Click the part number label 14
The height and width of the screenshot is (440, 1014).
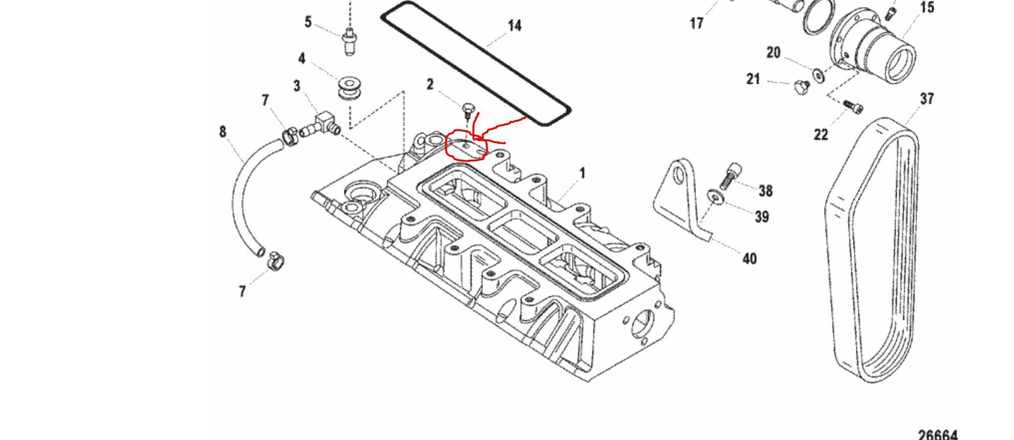pyautogui.click(x=514, y=26)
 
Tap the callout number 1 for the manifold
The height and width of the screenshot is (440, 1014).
pyautogui.click(x=582, y=173)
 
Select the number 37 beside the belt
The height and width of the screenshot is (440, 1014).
pyautogui.click(x=927, y=99)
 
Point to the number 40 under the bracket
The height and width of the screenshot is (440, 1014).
pyautogui.click(x=749, y=259)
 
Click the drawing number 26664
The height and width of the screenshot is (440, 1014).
pyautogui.click(x=937, y=434)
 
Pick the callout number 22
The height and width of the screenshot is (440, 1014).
pyautogui.click(x=821, y=135)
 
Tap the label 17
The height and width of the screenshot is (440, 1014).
pyautogui.click(x=697, y=23)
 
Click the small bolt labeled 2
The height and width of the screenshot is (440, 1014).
pyautogui.click(x=468, y=111)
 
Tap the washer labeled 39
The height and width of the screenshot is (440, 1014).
pyautogui.click(x=715, y=196)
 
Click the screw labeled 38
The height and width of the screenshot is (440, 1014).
pyautogui.click(x=732, y=173)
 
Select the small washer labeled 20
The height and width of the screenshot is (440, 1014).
pyautogui.click(x=818, y=75)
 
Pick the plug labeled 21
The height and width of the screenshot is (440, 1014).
pyautogui.click(x=801, y=87)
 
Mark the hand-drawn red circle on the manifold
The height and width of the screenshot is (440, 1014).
pyautogui.click(x=465, y=146)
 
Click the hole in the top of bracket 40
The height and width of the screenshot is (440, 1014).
pyautogui.click(x=679, y=176)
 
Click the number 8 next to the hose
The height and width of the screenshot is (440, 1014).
pyautogui.click(x=223, y=132)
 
